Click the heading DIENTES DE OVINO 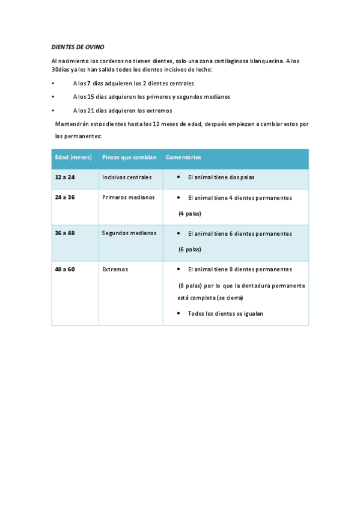point(78,47)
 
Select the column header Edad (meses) point(73,158)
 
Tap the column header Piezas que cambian point(129,158)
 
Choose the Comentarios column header point(183,158)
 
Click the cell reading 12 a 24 point(65,177)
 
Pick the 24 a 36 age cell point(65,197)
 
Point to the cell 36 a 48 point(65,233)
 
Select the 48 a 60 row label point(65,269)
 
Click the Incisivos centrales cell point(127,177)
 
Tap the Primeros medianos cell point(128,197)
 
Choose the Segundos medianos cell point(129,233)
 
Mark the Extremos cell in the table point(115,269)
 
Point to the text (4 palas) point(190,214)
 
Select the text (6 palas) point(190,250)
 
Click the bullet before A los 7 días point(53,84)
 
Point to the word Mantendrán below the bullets point(72,124)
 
